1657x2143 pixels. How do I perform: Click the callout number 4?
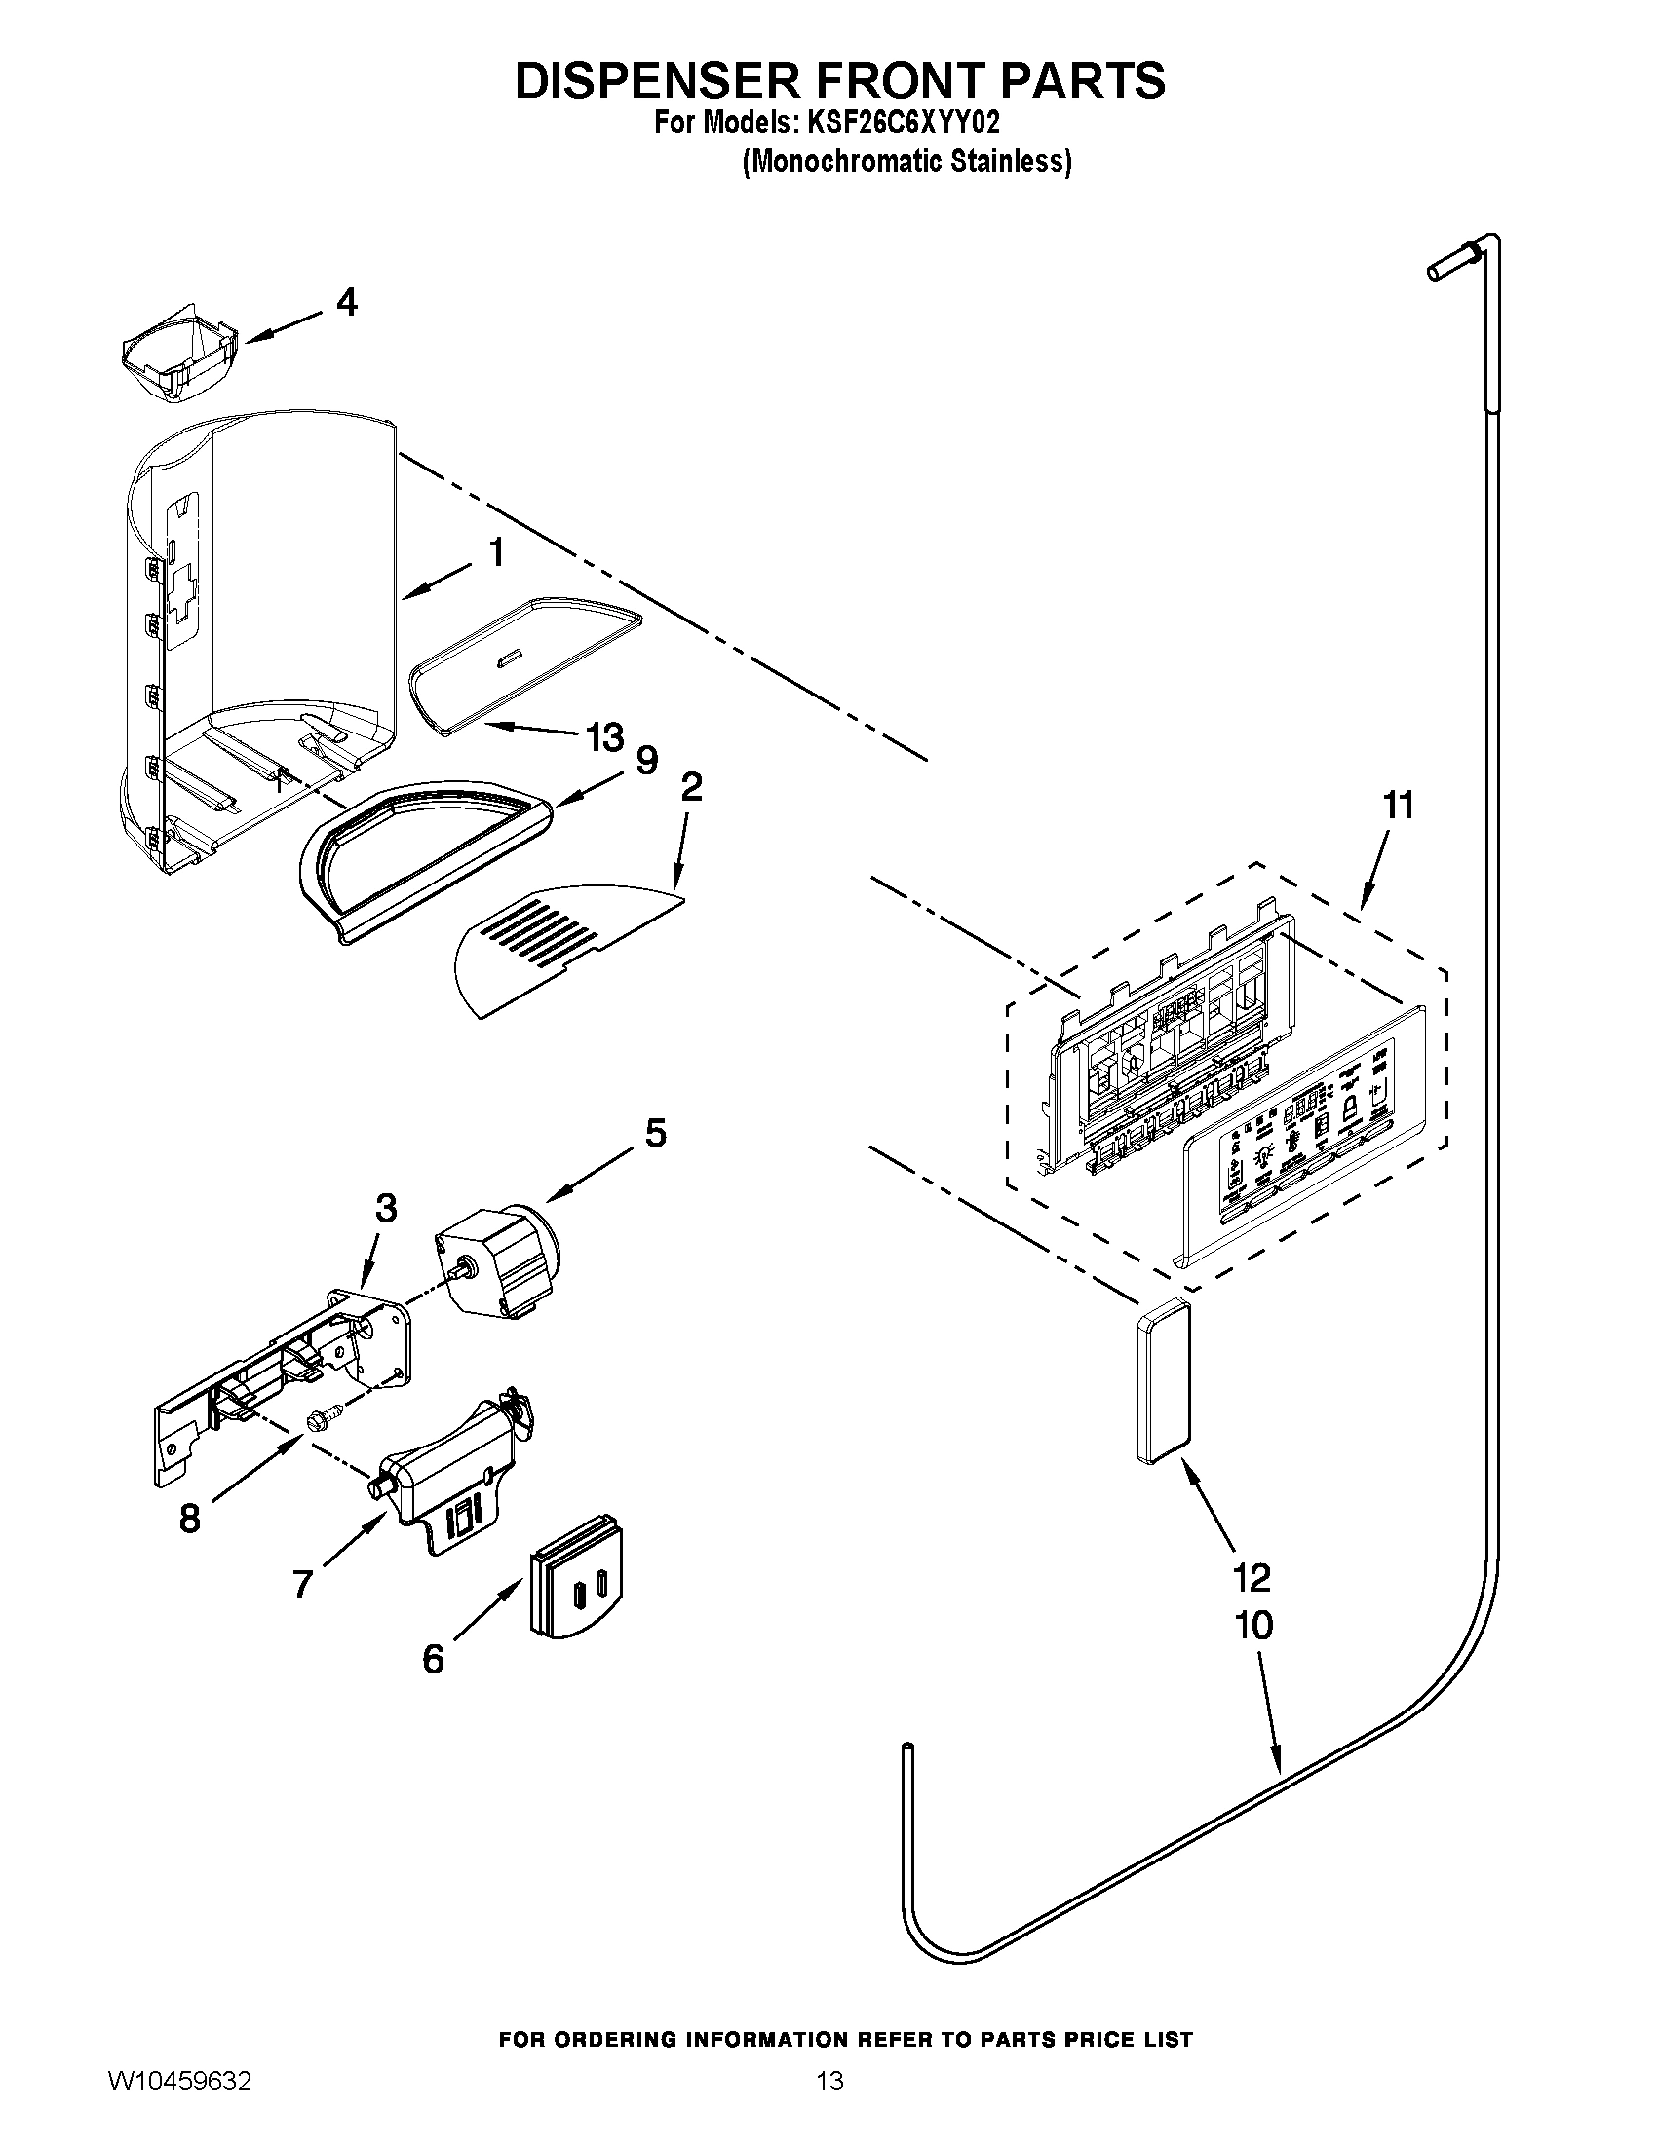point(346,301)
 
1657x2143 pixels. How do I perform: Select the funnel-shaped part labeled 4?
point(182,359)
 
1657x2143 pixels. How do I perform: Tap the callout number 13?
point(603,735)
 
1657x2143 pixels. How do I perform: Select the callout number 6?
point(433,1659)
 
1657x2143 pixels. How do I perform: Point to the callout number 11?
point(1398,806)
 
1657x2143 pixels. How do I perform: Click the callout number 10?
point(1253,1625)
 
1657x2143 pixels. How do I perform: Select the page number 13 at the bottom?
point(829,2101)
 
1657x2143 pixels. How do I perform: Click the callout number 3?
point(386,1209)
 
